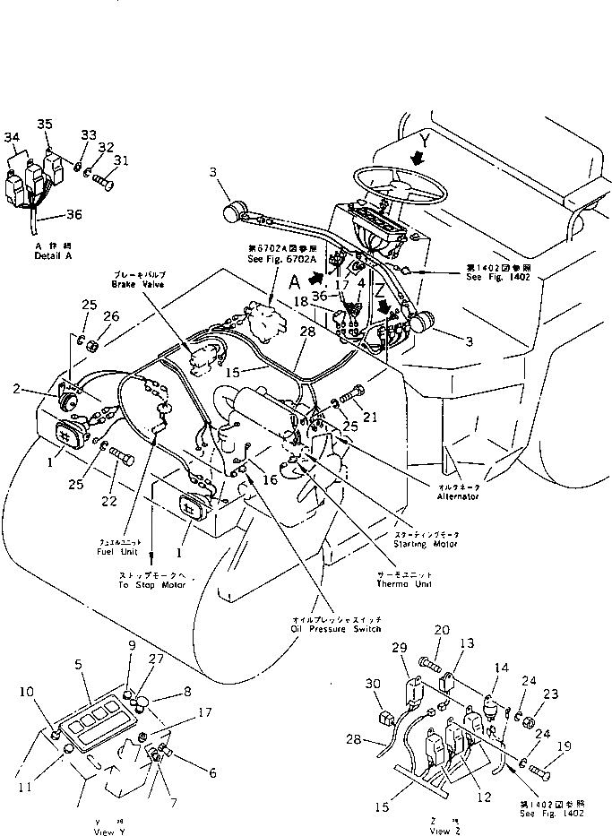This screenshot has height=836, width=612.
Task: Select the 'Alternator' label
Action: pyautogui.click(x=457, y=496)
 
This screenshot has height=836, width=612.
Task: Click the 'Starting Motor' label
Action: pyautogui.click(x=426, y=543)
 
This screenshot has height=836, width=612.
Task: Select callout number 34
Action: pyautogui.click(x=12, y=137)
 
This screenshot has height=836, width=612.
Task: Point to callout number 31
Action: pyautogui.click(x=121, y=160)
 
